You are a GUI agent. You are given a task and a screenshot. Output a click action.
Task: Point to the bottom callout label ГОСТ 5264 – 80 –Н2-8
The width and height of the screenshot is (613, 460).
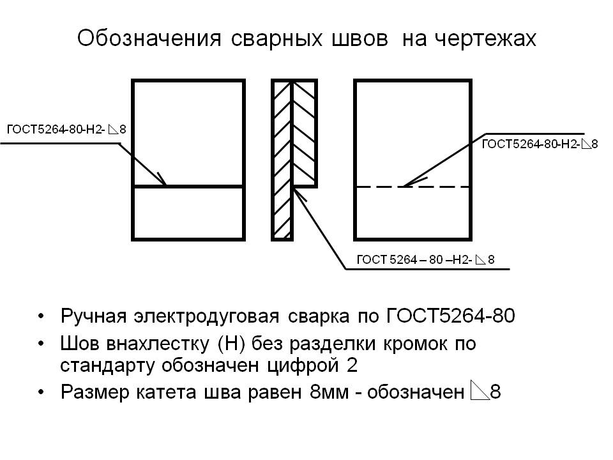[425, 259]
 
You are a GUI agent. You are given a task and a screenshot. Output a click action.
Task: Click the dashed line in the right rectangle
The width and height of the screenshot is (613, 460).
[441, 187]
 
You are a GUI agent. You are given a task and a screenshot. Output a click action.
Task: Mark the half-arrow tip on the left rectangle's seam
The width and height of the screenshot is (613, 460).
[163, 181]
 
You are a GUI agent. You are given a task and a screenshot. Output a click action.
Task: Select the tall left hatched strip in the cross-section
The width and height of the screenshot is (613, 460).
[283, 160]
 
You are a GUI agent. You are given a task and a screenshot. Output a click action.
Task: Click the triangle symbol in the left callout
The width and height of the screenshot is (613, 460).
[113, 130]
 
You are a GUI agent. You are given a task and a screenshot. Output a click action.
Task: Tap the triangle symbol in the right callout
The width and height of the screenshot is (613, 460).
[586, 144]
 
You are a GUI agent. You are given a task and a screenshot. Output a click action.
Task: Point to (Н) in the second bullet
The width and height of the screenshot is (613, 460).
[228, 344]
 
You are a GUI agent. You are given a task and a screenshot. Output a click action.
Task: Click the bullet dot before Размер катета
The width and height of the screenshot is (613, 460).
[42, 392]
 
